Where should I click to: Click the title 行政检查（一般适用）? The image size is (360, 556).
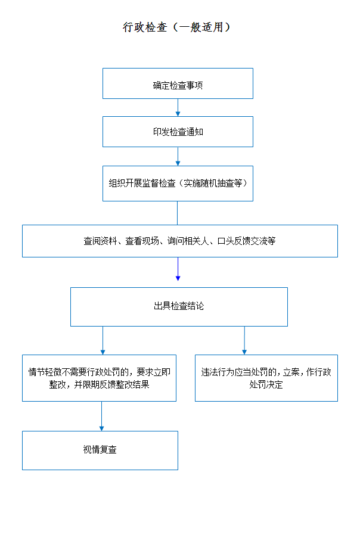click(x=176, y=27)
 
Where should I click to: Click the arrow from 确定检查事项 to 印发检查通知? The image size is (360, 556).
click(x=178, y=107)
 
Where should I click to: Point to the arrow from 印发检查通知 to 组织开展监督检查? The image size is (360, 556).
click(x=178, y=156)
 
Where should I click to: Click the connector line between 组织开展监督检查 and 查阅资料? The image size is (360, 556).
click(x=178, y=213)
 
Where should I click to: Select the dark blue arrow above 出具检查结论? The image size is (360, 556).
click(x=178, y=269)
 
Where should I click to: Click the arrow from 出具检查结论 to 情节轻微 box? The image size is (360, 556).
click(x=103, y=340)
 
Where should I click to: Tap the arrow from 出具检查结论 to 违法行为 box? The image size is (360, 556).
click(x=244, y=340)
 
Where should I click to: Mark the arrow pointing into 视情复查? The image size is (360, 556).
click(x=101, y=417)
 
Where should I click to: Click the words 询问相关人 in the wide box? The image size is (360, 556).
click(x=188, y=241)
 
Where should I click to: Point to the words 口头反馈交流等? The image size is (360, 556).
click(x=247, y=241)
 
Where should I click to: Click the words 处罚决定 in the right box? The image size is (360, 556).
click(x=266, y=385)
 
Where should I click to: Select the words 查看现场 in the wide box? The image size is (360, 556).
click(x=142, y=241)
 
